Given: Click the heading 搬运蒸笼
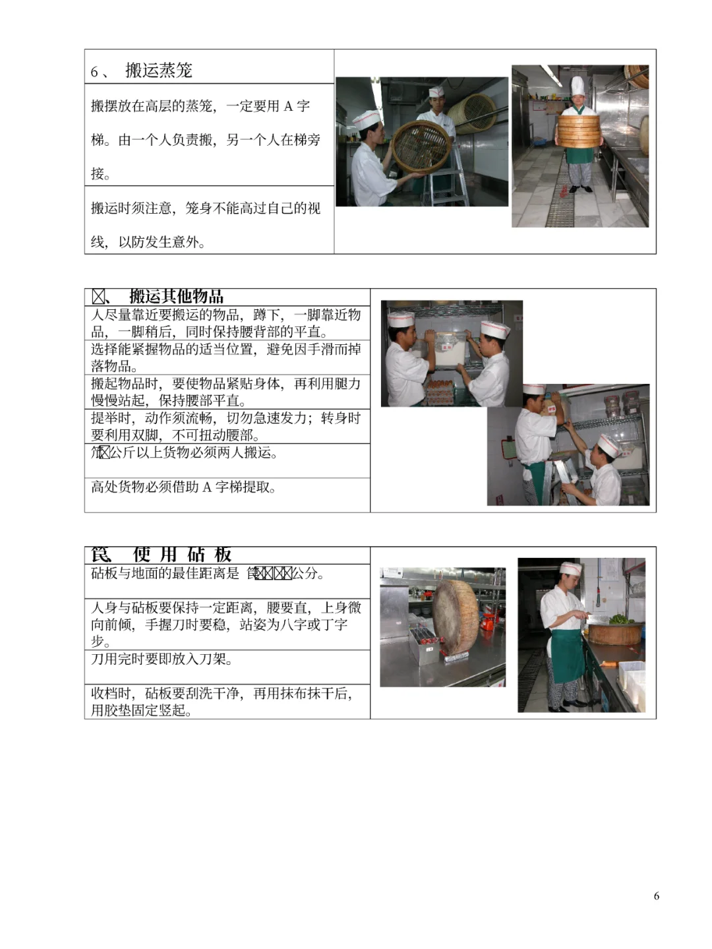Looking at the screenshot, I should (x=158, y=71).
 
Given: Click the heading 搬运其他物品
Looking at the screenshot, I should (x=176, y=297).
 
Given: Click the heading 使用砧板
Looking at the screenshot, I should (x=182, y=555).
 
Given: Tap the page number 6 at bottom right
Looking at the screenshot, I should (x=656, y=896).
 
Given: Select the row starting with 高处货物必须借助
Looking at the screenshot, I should (x=183, y=488).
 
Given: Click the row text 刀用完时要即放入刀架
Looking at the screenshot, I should (x=162, y=659).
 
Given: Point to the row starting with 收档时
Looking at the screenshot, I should (x=222, y=701).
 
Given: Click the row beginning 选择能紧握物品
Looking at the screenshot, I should (x=225, y=357).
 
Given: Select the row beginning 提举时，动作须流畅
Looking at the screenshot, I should (x=225, y=426).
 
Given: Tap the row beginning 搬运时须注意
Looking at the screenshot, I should (x=205, y=225).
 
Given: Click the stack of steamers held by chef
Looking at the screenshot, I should (x=578, y=131).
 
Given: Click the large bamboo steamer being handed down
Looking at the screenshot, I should (x=421, y=147).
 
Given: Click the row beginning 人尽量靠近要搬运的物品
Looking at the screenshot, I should (x=225, y=323).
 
